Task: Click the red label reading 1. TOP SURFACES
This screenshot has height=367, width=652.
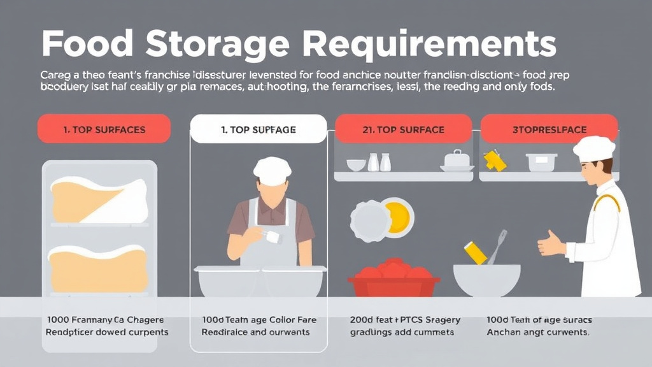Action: pos(104,129)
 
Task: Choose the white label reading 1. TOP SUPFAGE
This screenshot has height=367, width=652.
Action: pos(259,129)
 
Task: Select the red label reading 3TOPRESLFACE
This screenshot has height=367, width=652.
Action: pos(549,129)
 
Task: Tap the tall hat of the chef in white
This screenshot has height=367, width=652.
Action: pos(593,148)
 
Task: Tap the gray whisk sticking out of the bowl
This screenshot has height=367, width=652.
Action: pos(499,245)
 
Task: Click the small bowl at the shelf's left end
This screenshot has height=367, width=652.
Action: pos(356,164)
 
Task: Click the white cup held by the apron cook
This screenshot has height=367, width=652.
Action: pos(274,237)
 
